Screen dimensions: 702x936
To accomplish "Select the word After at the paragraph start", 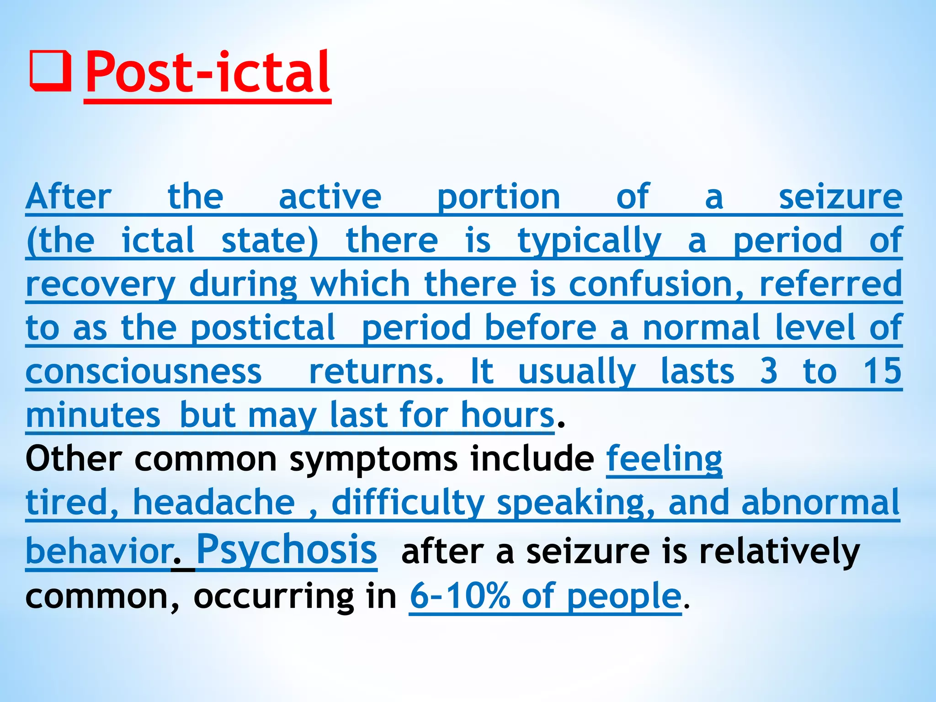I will click(69, 197).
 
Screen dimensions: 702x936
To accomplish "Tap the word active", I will click(330, 197).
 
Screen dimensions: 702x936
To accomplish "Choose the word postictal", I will click(263, 328).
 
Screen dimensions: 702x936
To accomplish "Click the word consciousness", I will click(144, 371).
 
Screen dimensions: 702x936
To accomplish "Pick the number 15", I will click(882, 371).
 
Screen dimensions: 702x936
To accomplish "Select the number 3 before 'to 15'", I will click(769, 371).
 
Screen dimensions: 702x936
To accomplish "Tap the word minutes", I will click(93, 415).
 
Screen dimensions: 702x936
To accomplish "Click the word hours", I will click(507, 415).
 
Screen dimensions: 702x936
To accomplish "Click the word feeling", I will click(664, 459).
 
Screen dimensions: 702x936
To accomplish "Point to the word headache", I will click(214, 502).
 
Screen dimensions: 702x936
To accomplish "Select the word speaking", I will click(576, 502).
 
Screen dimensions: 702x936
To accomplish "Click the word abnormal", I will click(820, 502).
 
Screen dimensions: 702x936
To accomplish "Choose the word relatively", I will click(779, 551).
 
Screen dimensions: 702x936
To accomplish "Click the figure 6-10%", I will click(459, 596).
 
